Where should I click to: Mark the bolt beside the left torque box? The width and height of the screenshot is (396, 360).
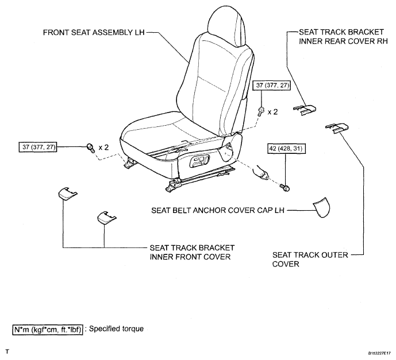(91, 148)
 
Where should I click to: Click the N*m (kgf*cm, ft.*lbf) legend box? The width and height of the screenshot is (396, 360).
(48, 329)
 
